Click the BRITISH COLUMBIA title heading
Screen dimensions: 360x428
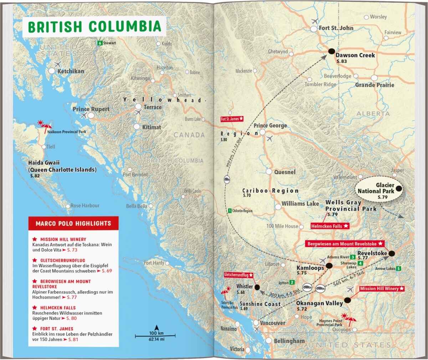tap(95, 26)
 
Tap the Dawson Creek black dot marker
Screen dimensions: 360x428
tap(331, 52)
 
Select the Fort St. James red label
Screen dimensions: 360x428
tap(232, 119)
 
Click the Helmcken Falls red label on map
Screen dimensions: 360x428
tap(330, 226)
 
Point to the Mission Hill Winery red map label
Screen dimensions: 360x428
tap(382, 288)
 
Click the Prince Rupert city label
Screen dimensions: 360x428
tap(91, 109)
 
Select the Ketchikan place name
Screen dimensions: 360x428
tap(71, 71)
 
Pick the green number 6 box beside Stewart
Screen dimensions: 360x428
tap(100, 43)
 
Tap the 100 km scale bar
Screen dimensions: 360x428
tap(155, 335)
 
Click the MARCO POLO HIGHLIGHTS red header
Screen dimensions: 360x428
tap(73, 223)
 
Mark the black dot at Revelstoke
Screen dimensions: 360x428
tap(392, 253)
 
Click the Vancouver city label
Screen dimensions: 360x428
tap(272, 323)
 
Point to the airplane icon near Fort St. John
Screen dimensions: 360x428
tap(314, 21)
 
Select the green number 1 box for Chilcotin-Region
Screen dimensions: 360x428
tap(230, 211)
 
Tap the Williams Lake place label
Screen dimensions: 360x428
tap(300, 204)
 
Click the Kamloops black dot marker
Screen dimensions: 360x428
tap(329, 266)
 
